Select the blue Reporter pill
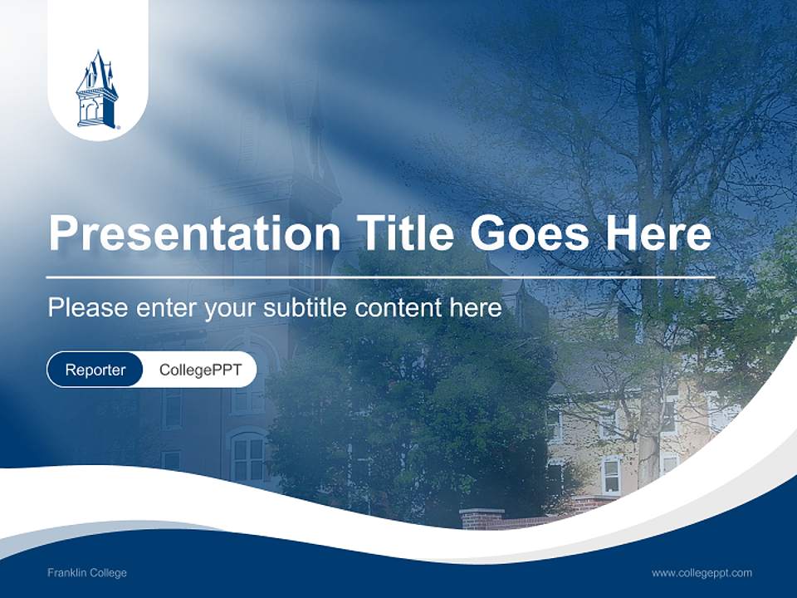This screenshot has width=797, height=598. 95,370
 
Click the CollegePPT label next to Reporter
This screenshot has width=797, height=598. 200,370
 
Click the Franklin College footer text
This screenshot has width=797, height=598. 87,573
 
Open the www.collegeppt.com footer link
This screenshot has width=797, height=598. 702,573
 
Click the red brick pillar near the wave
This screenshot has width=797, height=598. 482,518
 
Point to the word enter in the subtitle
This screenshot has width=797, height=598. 166,308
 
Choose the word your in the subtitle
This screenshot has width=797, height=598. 231,308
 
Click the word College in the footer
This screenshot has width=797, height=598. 108,573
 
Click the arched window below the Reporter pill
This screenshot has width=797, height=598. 248,457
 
